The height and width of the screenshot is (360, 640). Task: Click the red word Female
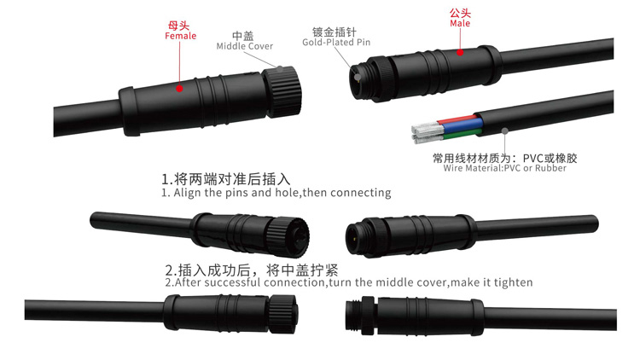tap(180, 36)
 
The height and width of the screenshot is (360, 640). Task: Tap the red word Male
tap(460, 23)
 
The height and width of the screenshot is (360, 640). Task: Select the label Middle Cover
tap(245, 46)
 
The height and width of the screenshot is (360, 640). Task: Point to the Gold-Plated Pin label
tap(336, 42)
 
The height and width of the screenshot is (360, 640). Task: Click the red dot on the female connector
tap(179, 88)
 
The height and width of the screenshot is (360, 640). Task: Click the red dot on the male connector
tap(460, 52)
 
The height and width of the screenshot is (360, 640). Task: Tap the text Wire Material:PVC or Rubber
tap(505, 168)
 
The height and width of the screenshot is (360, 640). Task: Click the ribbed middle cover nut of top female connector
tap(282, 91)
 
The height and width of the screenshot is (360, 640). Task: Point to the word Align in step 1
tap(188, 193)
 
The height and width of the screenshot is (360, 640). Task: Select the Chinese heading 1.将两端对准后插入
tap(226, 179)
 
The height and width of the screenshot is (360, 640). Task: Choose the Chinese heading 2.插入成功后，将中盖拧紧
tap(252, 270)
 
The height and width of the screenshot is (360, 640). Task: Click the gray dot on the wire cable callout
tap(505, 131)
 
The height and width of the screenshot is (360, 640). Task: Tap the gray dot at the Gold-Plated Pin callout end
tap(358, 77)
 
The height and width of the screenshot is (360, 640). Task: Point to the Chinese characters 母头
tap(179, 26)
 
